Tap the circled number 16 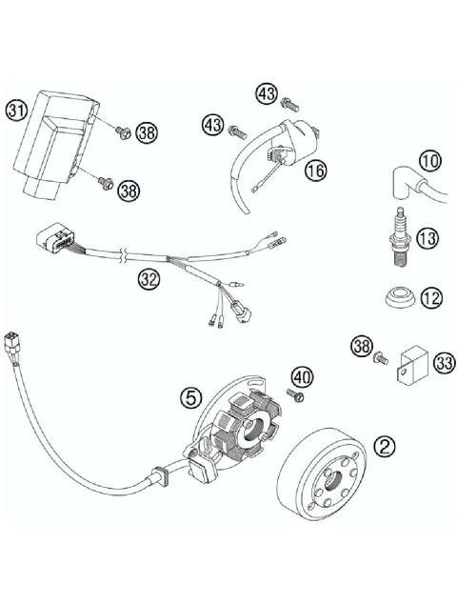(315, 171)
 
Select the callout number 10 (429, 161)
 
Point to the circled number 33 (443, 362)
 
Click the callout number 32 (148, 279)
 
